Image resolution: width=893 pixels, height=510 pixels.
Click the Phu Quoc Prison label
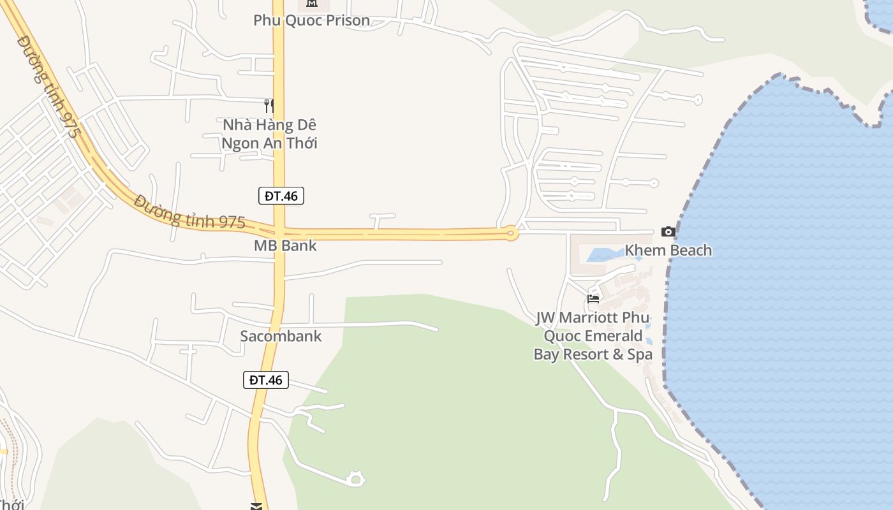(311, 20)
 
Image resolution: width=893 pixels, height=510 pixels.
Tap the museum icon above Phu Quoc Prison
(311, 3)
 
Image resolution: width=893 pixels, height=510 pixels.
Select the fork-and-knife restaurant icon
(269, 106)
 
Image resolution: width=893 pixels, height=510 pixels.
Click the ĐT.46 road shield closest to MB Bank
(281, 196)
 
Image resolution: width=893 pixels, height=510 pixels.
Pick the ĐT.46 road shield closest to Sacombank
(266, 380)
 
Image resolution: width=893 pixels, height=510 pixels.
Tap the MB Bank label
(285, 245)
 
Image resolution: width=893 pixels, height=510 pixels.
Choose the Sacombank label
(281, 336)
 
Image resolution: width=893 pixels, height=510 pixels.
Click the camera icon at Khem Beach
(668, 231)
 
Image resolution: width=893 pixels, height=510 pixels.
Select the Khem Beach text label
(668, 250)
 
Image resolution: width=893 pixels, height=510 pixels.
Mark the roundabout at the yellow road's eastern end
(510, 233)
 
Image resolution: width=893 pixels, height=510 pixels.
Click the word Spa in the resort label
(640, 354)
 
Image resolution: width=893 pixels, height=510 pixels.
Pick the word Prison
(348, 20)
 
